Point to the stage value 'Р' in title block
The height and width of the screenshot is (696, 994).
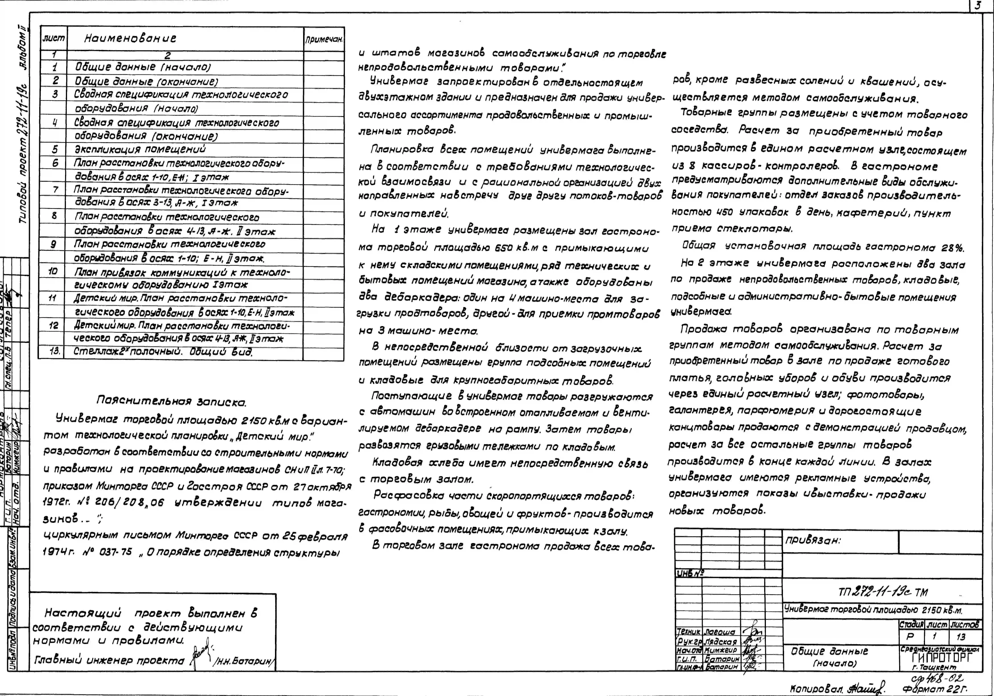pos(910,636)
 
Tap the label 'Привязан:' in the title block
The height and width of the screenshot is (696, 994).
pos(813,541)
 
